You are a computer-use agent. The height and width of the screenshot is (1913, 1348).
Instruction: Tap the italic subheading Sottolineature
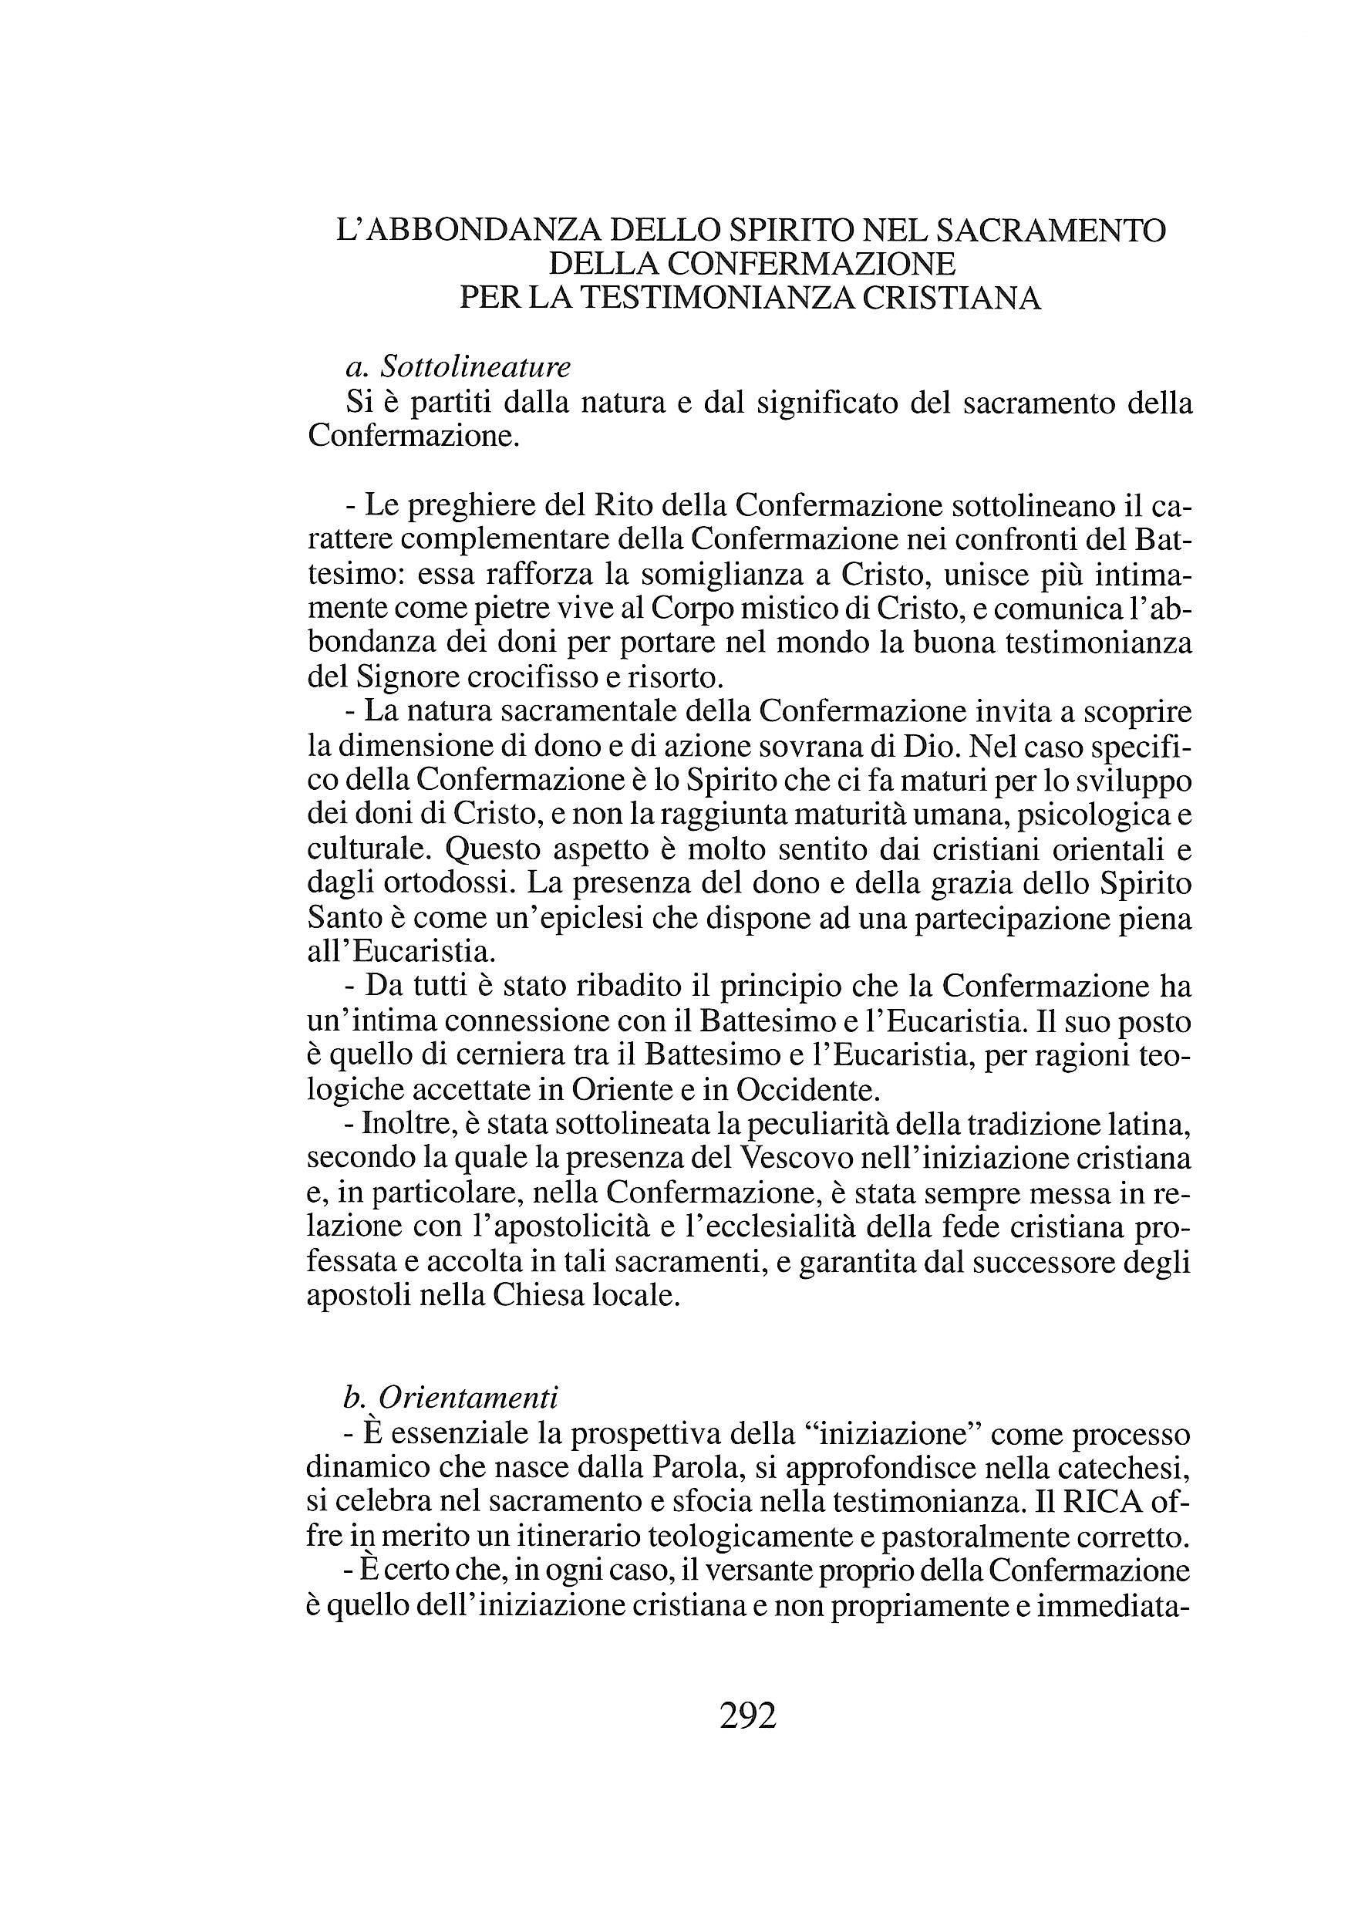[x=475, y=366]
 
